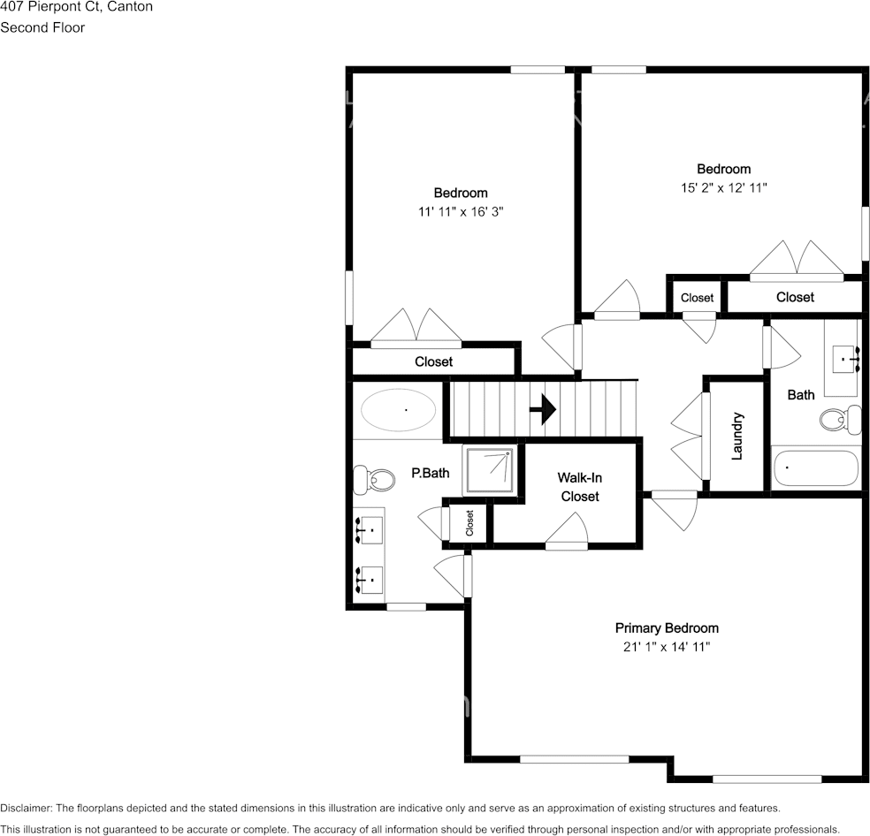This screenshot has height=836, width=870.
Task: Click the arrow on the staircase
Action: (542, 410)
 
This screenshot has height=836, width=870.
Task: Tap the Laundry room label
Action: (737, 435)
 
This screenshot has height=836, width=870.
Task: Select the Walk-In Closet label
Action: (579, 487)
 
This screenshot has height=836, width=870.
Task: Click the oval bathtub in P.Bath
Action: (398, 410)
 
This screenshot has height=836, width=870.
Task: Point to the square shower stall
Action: (488, 470)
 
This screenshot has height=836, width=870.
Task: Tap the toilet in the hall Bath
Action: (841, 419)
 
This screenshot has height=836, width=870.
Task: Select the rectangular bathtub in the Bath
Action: (815, 468)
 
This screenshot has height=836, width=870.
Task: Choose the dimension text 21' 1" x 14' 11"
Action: (666, 647)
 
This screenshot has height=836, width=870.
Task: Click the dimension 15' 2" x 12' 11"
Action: (722, 187)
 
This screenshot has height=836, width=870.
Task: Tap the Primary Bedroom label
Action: (667, 627)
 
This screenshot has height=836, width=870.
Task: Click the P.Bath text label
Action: (430, 473)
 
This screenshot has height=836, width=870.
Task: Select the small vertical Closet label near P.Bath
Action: (469, 522)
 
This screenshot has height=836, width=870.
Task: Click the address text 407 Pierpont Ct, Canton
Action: (76, 7)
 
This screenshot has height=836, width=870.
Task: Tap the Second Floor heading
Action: (42, 27)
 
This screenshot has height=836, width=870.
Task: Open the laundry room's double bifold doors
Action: (690, 436)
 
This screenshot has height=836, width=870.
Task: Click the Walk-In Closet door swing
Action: (568, 532)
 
